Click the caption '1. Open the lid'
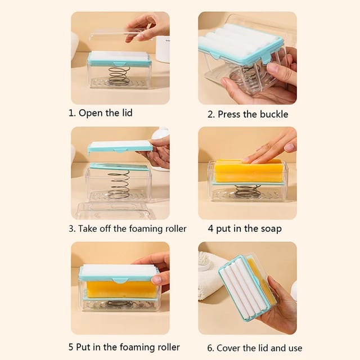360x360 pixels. point(100,113)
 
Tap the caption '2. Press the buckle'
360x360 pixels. point(247,114)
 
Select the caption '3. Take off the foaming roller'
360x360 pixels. point(128,229)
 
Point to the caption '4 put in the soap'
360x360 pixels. point(245,229)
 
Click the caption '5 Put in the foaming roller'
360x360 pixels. point(124,348)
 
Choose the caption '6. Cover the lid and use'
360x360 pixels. point(251,348)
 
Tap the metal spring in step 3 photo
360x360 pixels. point(119,186)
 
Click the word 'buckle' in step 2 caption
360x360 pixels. point(273,114)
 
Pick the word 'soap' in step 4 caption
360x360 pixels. point(271,229)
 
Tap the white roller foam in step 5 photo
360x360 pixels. point(118,271)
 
